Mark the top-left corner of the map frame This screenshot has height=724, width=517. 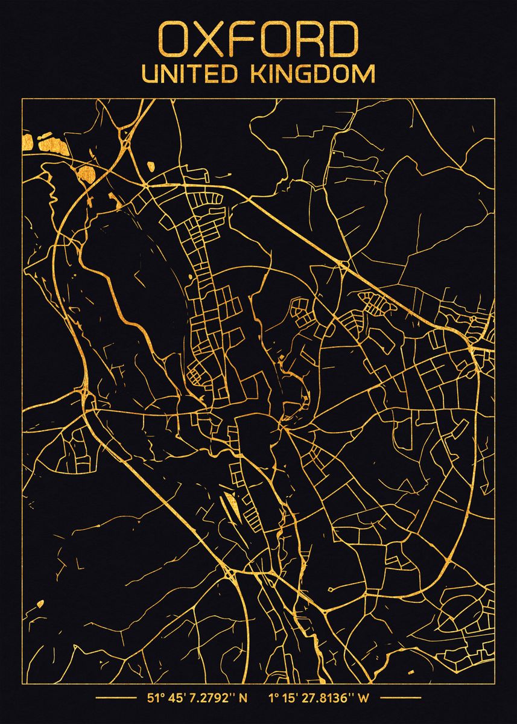click(x=22, y=98)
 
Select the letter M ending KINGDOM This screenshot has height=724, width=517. click(x=364, y=74)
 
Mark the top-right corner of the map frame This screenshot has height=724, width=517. click(x=494, y=98)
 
